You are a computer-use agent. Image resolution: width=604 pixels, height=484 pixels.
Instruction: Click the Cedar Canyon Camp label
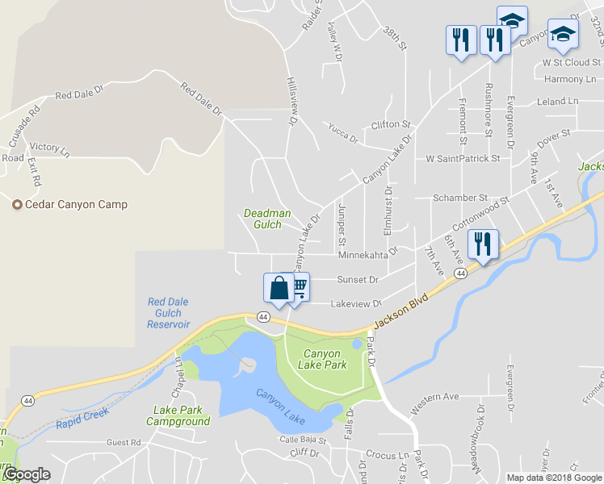(76, 204)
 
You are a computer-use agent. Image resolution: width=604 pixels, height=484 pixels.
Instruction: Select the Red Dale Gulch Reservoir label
(168, 313)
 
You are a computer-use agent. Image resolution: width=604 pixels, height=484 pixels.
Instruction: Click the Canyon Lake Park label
(325, 359)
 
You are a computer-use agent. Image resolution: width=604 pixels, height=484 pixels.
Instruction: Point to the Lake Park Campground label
(182, 415)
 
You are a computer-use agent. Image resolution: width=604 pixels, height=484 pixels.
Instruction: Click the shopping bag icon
(279, 288)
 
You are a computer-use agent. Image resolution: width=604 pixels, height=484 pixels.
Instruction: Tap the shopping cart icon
(300, 286)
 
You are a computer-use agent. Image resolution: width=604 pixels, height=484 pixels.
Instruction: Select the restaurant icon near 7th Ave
(483, 244)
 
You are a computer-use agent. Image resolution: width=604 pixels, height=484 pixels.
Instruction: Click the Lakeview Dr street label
(356, 304)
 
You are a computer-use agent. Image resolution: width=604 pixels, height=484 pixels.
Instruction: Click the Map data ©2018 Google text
(554, 478)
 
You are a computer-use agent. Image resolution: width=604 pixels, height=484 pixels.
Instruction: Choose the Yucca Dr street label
(342, 132)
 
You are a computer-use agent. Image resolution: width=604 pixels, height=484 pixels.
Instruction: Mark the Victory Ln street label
(49, 149)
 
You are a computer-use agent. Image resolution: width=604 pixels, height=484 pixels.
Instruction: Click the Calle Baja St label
(302, 440)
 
